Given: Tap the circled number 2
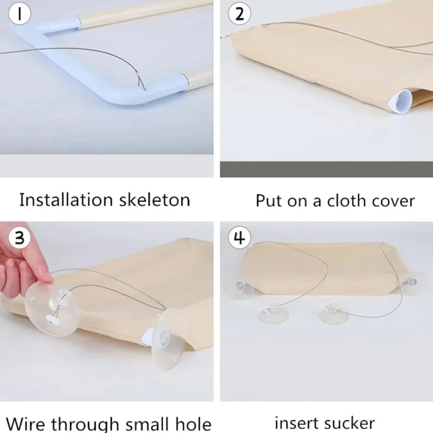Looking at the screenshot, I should tap(239, 13).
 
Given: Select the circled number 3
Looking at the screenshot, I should tap(18, 238).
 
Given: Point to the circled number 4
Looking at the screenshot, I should tap(239, 238).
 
